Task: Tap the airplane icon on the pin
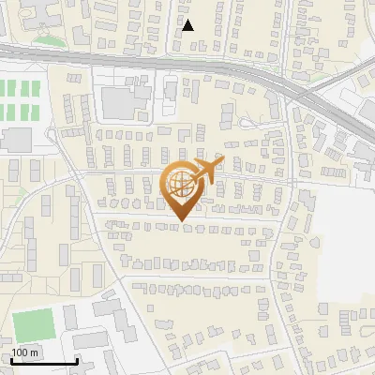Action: [208, 170]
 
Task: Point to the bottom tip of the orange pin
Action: [180, 220]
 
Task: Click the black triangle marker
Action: [188, 25]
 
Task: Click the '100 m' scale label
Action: [25, 352]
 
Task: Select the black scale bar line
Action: [44, 361]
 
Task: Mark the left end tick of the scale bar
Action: [12, 359]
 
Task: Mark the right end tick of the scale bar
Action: [76, 359]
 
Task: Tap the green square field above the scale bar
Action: [35, 324]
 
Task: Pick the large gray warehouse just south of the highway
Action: [119, 100]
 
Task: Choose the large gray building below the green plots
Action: [16, 140]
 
